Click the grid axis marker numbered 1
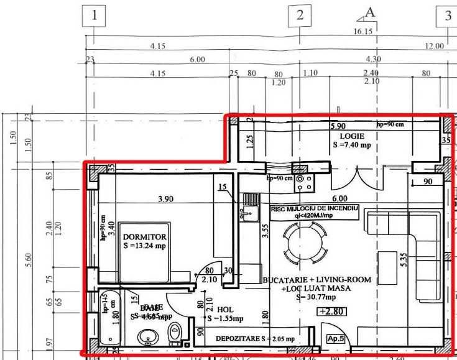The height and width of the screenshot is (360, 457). (x=94, y=16)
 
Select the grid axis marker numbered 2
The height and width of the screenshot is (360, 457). (x=300, y=16)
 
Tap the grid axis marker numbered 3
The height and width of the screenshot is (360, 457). (x=447, y=17)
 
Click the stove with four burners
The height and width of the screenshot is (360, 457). (x=305, y=180)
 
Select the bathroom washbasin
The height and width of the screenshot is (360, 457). (x=148, y=338)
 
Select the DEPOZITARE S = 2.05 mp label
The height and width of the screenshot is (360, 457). (x=255, y=339)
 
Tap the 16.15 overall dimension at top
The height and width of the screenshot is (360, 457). (x=362, y=31)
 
